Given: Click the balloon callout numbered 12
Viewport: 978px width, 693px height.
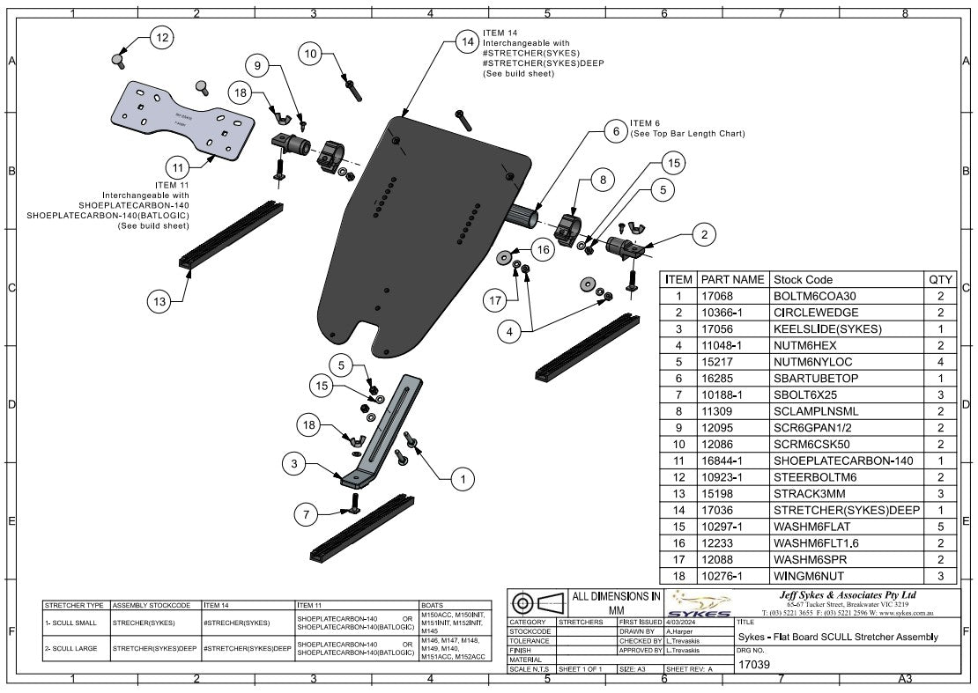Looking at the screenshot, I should (x=161, y=38).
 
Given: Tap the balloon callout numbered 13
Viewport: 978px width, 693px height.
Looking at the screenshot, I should (x=159, y=301).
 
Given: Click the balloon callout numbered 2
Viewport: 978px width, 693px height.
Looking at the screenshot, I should (x=704, y=234).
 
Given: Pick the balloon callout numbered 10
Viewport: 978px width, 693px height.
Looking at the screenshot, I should (x=310, y=54).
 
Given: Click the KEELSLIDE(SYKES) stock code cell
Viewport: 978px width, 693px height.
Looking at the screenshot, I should (x=827, y=329).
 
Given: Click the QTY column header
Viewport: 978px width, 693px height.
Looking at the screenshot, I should (x=940, y=279).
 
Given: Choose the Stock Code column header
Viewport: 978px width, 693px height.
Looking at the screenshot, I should (x=802, y=279).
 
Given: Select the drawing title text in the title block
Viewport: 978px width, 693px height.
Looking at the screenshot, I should (x=837, y=637).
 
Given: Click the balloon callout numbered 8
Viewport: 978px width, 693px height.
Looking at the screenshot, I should (x=602, y=179).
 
